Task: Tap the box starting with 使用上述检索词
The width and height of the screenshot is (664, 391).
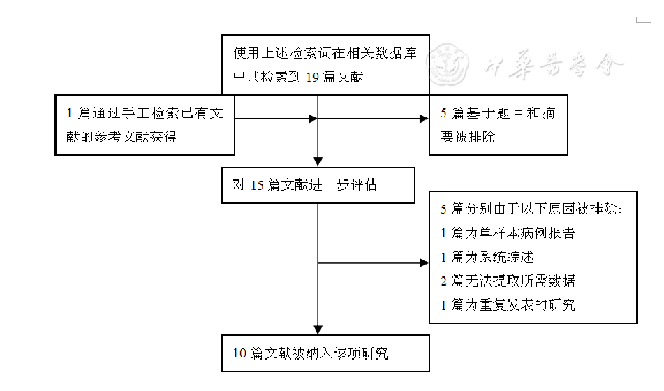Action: [325, 64]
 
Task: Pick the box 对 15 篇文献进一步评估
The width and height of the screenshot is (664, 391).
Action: [318, 185]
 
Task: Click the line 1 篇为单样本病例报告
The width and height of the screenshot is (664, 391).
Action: [508, 233]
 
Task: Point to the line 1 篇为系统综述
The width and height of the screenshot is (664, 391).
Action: [487, 258]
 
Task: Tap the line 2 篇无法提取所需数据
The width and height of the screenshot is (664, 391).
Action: [508, 281]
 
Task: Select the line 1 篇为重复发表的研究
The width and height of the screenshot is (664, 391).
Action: [508, 304]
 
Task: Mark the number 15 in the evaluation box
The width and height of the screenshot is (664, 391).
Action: [257, 186]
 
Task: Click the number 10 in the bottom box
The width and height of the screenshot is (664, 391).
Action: [239, 354]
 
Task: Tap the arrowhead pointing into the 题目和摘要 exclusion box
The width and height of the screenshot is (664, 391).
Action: [424, 119]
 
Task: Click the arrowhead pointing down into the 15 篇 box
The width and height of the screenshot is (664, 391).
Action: [318, 162]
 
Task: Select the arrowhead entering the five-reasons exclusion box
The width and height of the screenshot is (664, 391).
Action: [424, 263]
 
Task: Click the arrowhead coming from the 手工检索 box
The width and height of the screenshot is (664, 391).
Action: [312, 119]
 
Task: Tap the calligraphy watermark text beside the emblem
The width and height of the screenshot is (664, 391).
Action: [552, 66]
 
